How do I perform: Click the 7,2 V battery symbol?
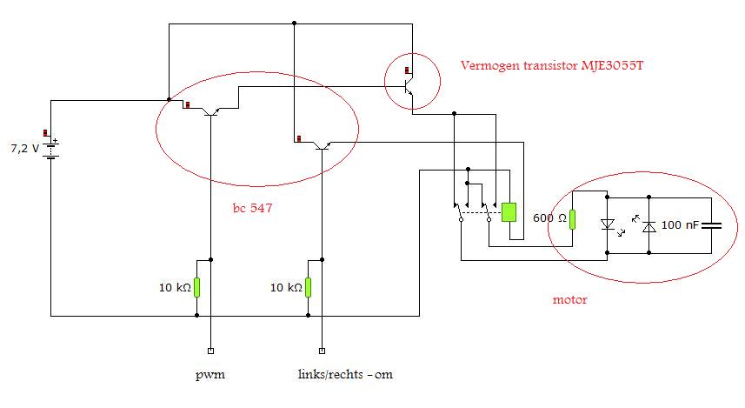click(x=52, y=148)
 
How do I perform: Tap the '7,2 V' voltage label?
click(x=23, y=148)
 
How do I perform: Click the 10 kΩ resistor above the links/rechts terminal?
click(x=309, y=288)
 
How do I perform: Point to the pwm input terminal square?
click(x=210, y=351)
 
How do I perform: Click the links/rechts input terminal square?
click(x=323, y=351)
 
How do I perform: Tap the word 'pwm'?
click(x=210, y=376)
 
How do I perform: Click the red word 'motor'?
click(x=569, y=300)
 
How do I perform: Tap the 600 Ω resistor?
click(x=574, y=218)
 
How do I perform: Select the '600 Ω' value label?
click(x=551, y=218)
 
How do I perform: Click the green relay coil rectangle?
click(x=509, y=211)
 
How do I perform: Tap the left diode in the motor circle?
click(x=608, y=224)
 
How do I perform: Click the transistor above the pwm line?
click(x=210, y=110)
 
